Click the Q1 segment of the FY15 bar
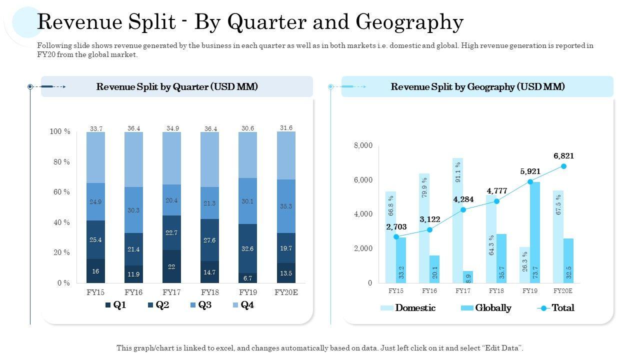pos(95,270)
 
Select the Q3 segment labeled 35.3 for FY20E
pos(286,206)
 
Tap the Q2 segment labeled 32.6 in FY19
pos(247,248)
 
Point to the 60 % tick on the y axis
pos(60,192)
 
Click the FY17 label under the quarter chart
pos(171,292)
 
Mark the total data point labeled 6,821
pos(563,166)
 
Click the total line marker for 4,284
pos(463,210)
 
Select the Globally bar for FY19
pos(535,232)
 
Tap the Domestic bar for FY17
pos(457,220)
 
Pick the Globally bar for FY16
pos(434,269)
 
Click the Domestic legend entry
pos(408,308)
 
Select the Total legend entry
pos(556,308)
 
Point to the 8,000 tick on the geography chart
pos(363,145)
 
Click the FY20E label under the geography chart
pos(563,290)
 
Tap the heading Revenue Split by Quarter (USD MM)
pos(177,86)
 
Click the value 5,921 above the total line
pos(530,171)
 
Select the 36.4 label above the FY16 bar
pos(133,128)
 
